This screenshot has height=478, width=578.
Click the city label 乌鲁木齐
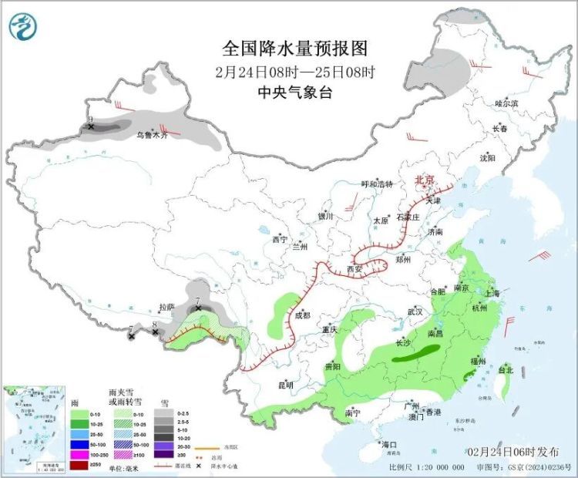click(152, 135)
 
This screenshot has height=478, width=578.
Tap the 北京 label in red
click(425, 180)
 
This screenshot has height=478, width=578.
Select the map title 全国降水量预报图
click(294, 49)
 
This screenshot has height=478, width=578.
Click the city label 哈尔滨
click(506, 103)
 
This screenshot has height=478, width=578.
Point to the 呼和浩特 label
click(378, 184)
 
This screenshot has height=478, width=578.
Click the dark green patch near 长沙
click(416, 354)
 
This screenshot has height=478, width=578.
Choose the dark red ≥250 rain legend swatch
click(79, 464)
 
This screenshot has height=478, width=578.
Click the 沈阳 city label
click(487, 157)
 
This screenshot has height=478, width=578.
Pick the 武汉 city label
click(415, 311)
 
